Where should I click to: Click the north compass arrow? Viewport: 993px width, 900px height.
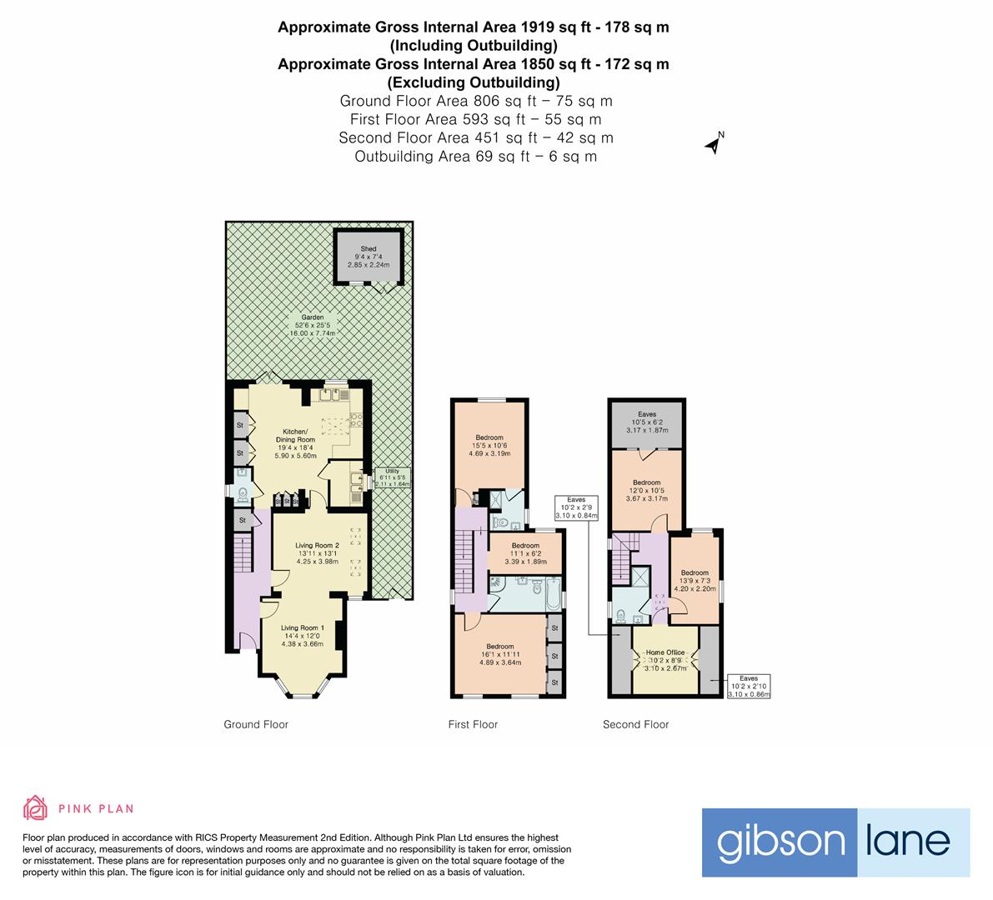713,145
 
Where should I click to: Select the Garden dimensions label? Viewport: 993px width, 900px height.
312,325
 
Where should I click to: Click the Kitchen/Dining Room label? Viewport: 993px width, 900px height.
295,444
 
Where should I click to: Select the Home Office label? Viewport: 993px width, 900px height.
665,660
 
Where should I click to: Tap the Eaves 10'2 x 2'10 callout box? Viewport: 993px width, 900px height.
749,686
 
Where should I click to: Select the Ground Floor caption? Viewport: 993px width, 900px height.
256,724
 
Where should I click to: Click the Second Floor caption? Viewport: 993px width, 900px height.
635,724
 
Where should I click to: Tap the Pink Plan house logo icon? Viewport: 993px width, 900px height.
35,807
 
